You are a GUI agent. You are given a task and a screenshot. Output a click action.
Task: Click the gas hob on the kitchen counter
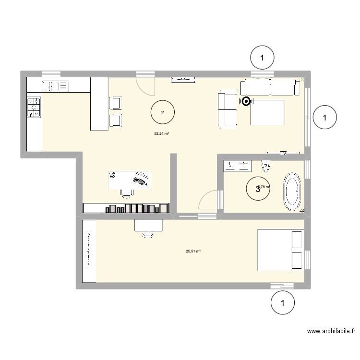pos(34,108)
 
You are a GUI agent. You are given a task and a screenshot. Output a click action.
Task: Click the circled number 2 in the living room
pos(163,113)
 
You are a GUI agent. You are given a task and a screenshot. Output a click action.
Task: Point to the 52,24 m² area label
pos(161,134)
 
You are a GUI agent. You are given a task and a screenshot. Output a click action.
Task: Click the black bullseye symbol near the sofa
pos(246,101)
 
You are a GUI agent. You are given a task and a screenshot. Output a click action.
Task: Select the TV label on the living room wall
pos(283,153)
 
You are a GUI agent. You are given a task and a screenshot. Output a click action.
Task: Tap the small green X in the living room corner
pos(302,80)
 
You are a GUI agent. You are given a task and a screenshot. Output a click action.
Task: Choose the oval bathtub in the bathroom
pos(292,192)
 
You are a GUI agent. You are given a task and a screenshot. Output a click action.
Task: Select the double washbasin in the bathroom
pos(237,166)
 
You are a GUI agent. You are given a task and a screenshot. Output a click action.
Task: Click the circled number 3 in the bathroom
pos(258,189)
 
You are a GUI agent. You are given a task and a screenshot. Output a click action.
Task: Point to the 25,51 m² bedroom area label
pos(193,251)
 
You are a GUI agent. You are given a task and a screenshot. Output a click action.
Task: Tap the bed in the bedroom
pos(281,249)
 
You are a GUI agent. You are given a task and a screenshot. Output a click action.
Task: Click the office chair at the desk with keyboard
pos(127,192)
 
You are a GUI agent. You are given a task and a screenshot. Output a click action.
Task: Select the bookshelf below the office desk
pos(127,208)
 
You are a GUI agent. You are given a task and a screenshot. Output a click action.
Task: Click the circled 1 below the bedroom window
pos(282,303)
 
